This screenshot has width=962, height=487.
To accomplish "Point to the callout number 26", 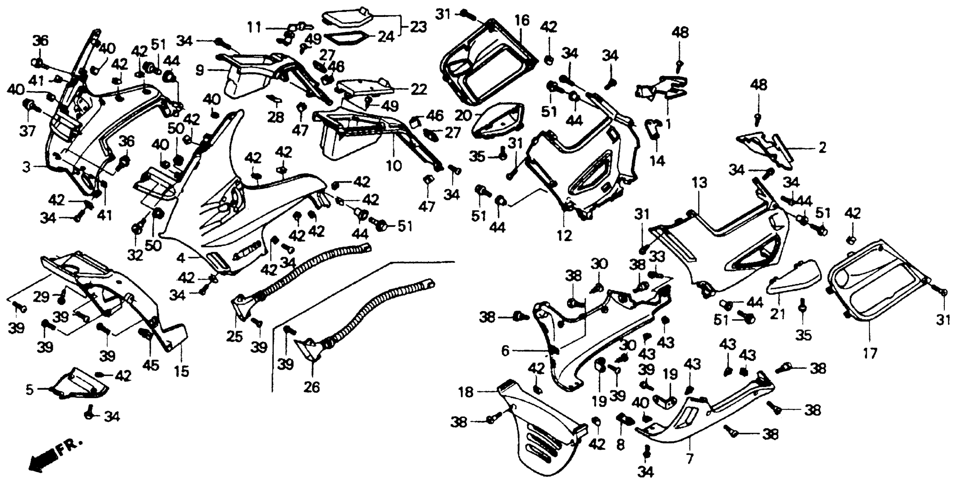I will click(x=312, y=387).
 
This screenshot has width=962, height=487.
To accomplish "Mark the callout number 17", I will click(x=870, y=353).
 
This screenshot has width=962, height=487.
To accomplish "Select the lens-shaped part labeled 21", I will click(x=793, y=278).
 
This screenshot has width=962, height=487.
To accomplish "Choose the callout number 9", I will click(x=200, y=70).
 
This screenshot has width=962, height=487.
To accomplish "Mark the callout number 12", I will click(x=564, y=235).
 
